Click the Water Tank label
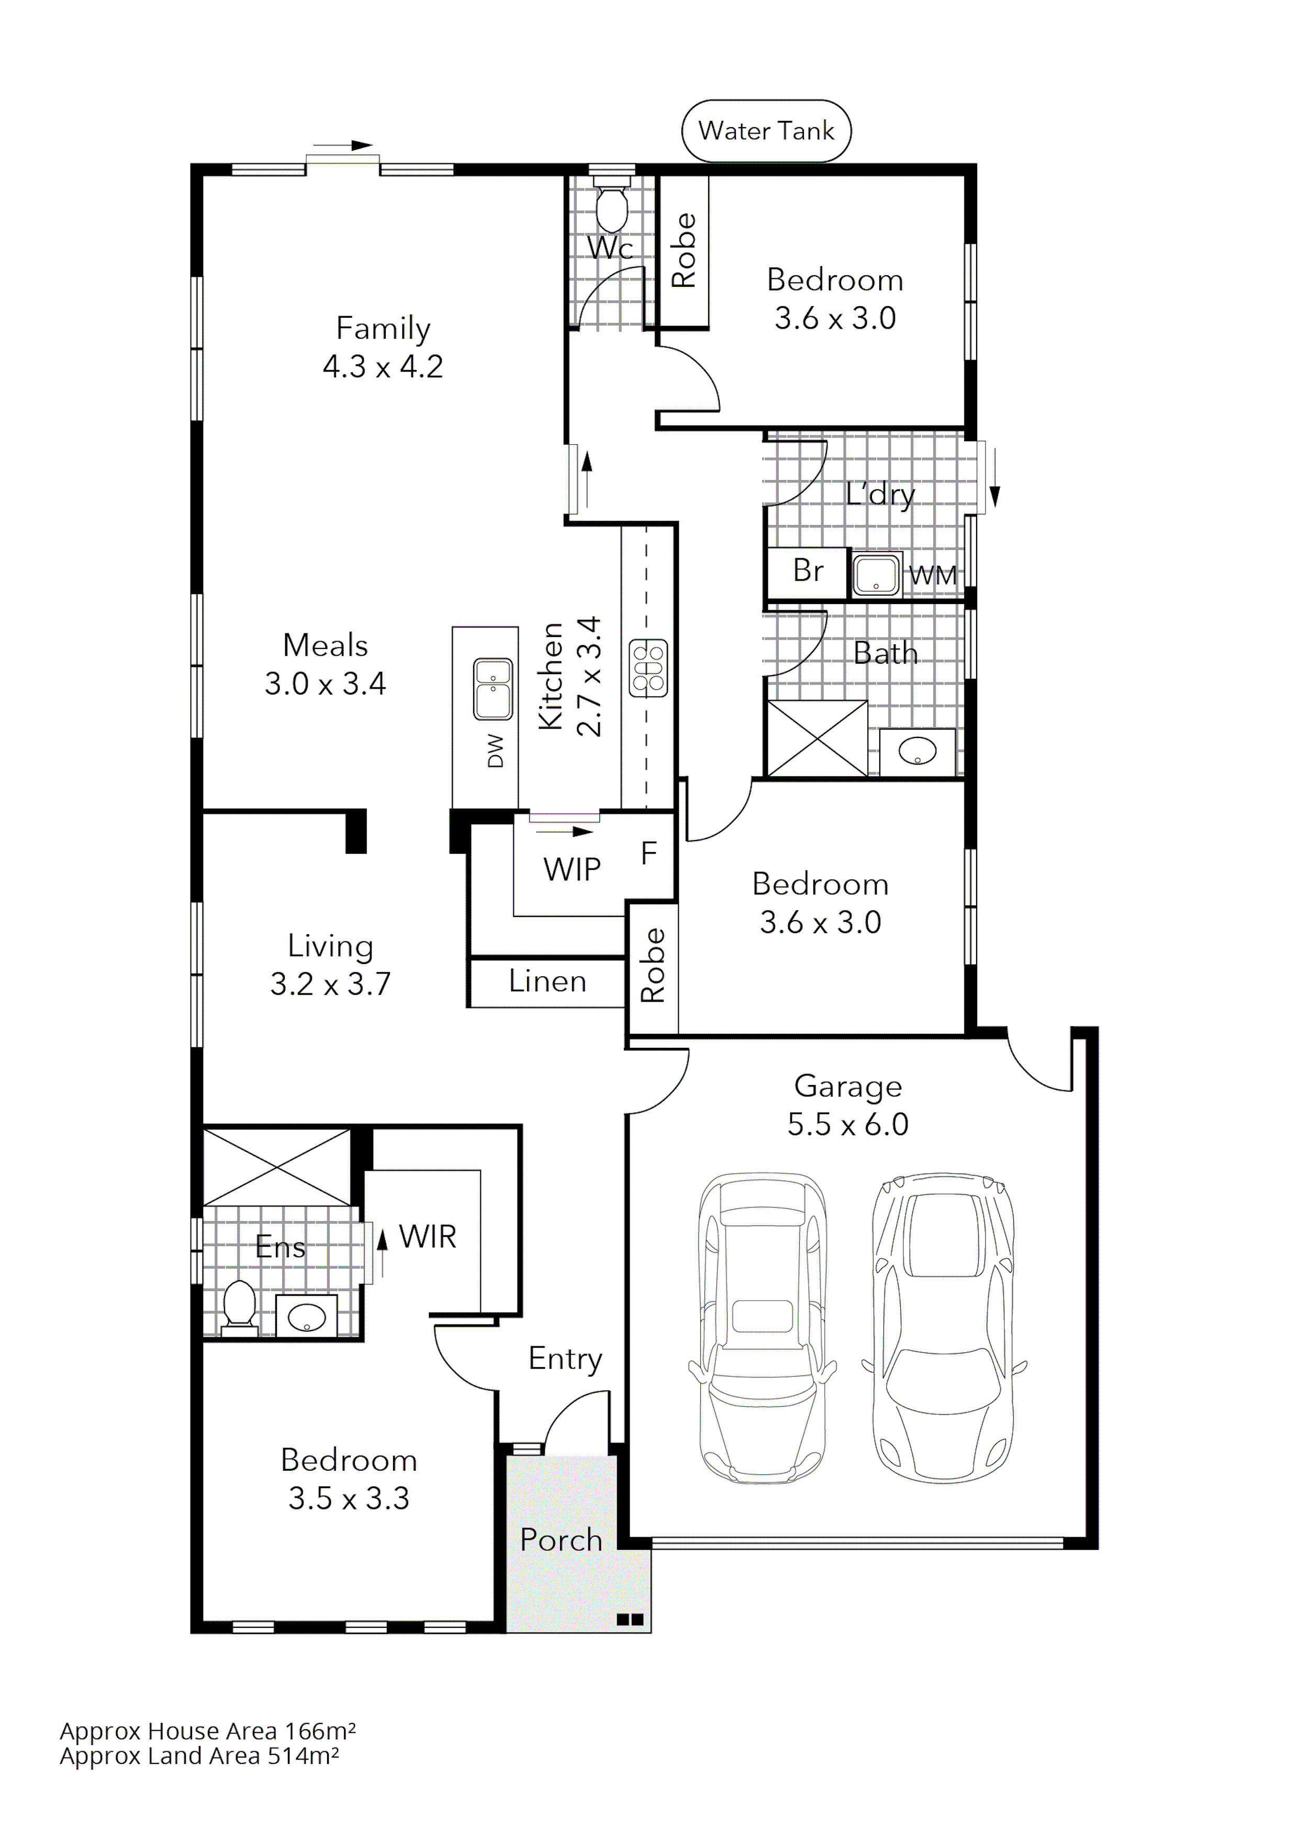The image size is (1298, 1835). click(x=766, y=130)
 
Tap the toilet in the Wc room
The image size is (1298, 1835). click(x=613, y=209)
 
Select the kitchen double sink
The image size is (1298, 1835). click(x=493, y=688)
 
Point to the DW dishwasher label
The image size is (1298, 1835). click(x=496, y=751)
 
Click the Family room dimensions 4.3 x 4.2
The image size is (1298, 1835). click(x=382, y=366)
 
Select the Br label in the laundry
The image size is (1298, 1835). click(x=807, y=570)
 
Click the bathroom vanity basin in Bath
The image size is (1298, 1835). click(x=917, y=751)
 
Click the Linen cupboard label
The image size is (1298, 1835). click(x=547, y=981)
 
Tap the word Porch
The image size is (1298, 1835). click(x=561, y=1539)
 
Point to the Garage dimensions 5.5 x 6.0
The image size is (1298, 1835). click(x=847, y=1124)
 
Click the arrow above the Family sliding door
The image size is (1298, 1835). click(x=352, y=146)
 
